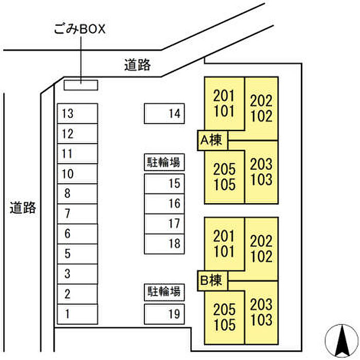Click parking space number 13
(x=77, y=114)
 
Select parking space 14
(x=164, y=114)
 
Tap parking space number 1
(x=77, y=314)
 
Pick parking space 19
(x=164, y=314)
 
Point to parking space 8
(x=77, y=194)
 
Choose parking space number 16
(x=164, y=204)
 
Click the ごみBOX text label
(x=80, y=29)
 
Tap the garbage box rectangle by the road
(x=81, y=85)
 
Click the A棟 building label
(x=212, y=140)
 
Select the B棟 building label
(x=212, y=281)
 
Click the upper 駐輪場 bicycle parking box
(x=164, y=163)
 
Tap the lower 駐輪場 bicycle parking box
(x=164, y=292)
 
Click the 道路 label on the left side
(x=23, y=208)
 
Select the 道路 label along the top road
(x=137, y=65)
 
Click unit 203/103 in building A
(x=261, y=172)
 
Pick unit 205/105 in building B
(x=224, y=317)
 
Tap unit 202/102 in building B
(x=261, y=249)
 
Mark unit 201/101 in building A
(x=224, y=104)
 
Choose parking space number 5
(x=77, y=254)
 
